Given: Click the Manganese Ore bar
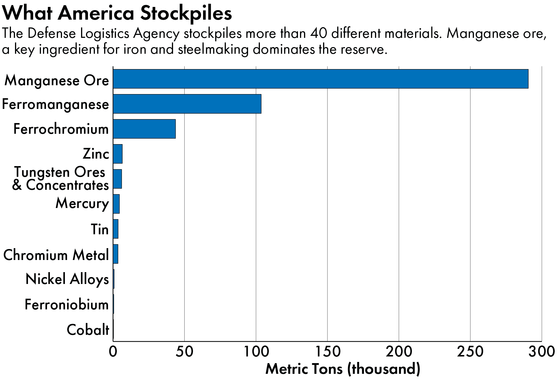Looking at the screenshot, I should (320, 79).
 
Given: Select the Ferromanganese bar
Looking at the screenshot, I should (187, 104).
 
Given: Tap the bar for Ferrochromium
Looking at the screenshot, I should (144, 129).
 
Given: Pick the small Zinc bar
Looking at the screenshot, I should (118, 154).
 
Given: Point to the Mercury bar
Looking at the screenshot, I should (116, 204).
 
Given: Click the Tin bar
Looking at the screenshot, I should (116, 229).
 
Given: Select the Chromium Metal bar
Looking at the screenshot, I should (116, 254).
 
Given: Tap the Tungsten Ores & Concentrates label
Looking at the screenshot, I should (60, 179).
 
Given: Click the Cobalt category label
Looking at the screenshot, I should (88, 330).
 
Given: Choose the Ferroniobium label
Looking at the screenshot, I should (67, 304).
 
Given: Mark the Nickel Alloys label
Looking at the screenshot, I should (67, 279).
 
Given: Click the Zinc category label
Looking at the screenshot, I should (96, 154).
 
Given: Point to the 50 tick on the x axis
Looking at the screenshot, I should (184, 352).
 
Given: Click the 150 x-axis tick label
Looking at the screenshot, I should (327, 352).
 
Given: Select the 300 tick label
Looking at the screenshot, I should (541, 352).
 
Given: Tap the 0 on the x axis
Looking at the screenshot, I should (113, 352).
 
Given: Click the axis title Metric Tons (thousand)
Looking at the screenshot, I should (343, 369).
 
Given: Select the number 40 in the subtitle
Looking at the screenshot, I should (319, 34).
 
